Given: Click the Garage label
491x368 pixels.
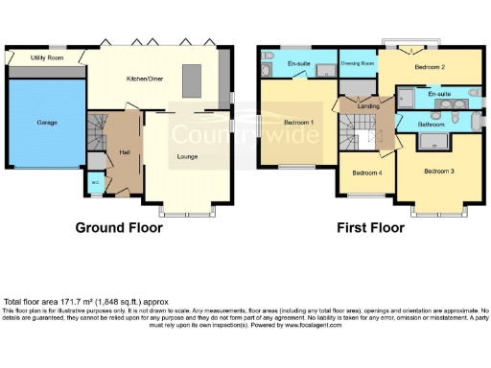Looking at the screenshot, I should click(x=46, y=123).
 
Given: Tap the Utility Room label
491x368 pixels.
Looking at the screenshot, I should click(x=46, y=58).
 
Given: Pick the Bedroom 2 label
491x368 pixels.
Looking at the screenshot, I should click(x=429, y=68).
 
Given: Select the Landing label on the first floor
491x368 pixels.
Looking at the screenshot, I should click(x=367, y=106).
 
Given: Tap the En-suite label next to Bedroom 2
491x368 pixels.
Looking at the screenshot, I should click(x=440, y=94).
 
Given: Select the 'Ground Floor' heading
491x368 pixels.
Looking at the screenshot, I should click(x=119, y=228).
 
